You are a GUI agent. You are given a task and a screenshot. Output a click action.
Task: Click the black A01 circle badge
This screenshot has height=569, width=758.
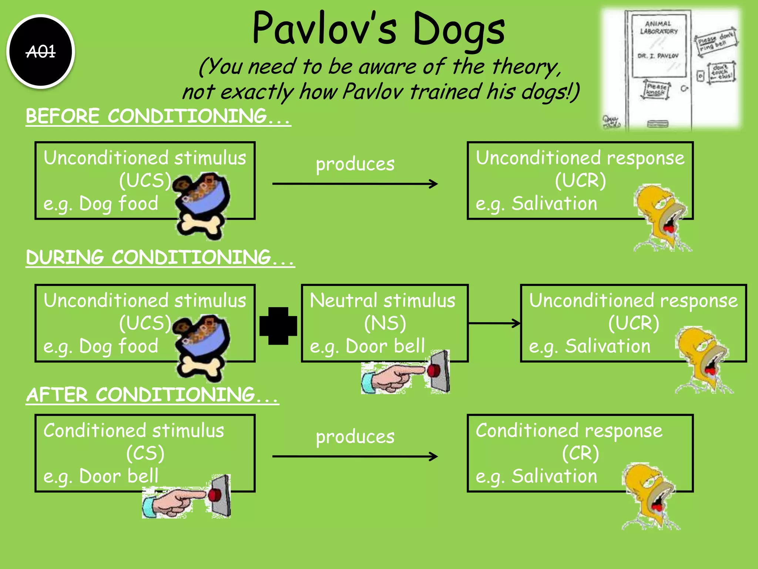click(x=41, y=51)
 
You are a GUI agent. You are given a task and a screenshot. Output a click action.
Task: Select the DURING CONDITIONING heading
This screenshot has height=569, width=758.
click(x=160, y=257)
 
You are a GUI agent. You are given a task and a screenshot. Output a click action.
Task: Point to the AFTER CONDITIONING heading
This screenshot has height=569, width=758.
click(x=152, y=395)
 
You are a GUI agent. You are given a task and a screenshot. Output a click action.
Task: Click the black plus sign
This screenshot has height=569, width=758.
click(x=278, y=326)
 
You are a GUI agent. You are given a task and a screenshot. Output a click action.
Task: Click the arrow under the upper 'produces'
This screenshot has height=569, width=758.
click(x=355, y=184)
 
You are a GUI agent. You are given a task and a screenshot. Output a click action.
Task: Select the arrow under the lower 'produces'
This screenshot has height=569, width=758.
click(x=355, y=456)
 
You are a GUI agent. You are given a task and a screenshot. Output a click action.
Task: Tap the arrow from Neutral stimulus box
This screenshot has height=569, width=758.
click(x=494, y=323)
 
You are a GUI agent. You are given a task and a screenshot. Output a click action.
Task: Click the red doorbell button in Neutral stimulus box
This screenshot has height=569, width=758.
click(x=434, y=371)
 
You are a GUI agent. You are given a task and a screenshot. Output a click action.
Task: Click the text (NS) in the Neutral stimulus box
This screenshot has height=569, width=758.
click(x=385, y=323)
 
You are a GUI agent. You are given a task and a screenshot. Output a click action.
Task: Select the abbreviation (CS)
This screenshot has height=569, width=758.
click(x=145, y=453)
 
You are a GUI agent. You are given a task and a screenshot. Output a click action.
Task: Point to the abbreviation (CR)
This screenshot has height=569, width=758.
click(x=580, y=453)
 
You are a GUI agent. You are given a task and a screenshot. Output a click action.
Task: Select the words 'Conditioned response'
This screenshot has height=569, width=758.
click(x=569, y=430)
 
